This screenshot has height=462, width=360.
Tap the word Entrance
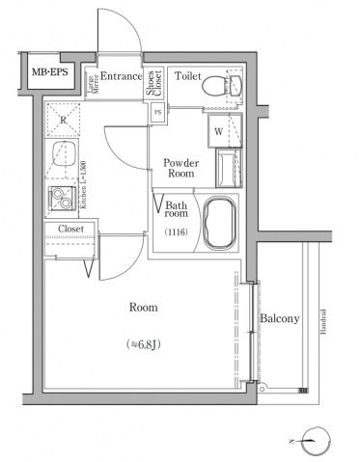122,76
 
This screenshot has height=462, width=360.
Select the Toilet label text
187,75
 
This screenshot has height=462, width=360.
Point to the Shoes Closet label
154,84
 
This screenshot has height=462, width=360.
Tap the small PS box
157,112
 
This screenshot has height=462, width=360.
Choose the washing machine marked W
218,130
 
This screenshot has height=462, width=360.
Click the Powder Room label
180,168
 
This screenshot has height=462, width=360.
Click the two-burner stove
63,200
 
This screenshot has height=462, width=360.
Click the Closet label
70,230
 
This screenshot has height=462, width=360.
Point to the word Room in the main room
144,308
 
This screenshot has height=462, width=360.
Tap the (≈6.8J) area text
145,344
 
